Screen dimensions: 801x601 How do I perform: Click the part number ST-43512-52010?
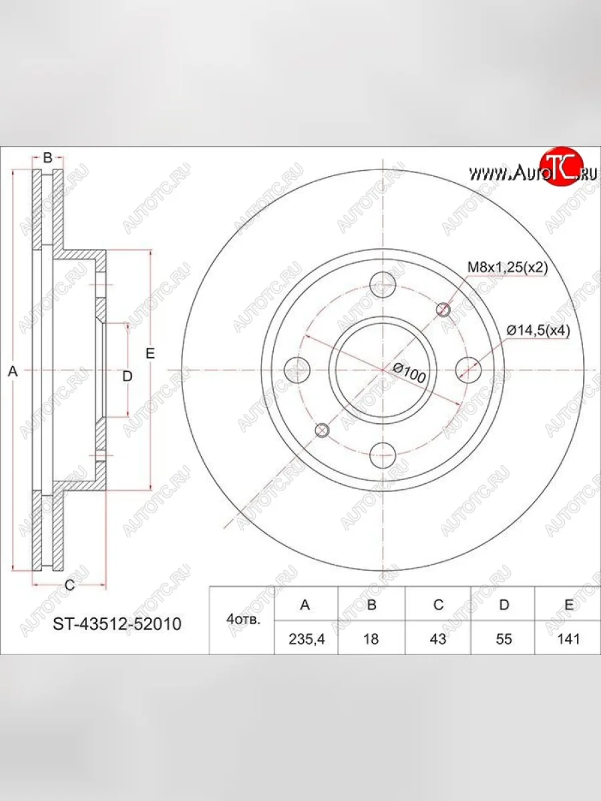click(117, 624)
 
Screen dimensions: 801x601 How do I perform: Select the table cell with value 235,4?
click(305, 639)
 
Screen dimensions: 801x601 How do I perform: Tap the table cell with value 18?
click(371, 639)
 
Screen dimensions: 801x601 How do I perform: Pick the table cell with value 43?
click(437, 639)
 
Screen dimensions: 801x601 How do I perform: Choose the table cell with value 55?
click(504, 639)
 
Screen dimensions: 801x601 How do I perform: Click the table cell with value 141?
click(568, 639)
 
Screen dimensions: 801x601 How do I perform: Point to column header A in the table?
click(305, 605)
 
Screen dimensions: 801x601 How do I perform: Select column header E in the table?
click(568, 605)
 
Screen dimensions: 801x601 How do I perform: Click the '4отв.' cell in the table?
click(242, 620)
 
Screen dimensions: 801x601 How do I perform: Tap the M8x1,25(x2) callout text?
click(507, 268)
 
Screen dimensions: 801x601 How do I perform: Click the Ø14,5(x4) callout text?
click(538, 330)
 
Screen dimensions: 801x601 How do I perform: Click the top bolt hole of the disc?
click(383, 284)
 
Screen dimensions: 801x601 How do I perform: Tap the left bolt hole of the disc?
click(297, 368)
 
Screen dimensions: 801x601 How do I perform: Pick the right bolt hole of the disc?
click(468, 368)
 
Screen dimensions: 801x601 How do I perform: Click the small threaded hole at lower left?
click(322, 430)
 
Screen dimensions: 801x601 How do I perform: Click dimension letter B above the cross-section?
click(47, 158)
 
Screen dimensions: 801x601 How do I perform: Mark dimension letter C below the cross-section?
click(68, 586)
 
